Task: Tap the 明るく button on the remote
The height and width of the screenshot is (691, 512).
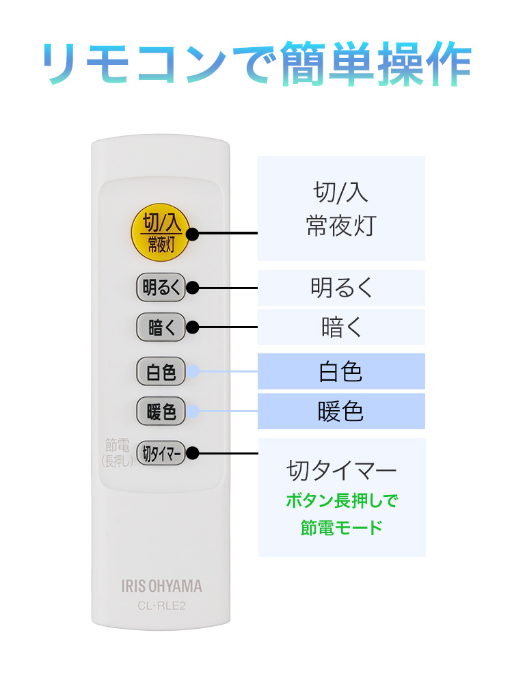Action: (161, 287)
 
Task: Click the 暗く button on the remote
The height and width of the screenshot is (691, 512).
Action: (161, 327)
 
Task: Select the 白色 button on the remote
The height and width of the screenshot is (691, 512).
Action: (161, 372)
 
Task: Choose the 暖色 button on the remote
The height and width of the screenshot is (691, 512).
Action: (161, 411)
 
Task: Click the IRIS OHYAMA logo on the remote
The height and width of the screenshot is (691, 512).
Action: (162, 586)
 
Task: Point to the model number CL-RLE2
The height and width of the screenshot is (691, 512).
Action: (162, 606)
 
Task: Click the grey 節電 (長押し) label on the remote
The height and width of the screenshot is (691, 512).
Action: (117, 452)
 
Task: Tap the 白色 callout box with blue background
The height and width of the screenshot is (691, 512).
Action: (341, 371)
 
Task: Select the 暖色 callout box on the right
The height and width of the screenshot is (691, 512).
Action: (341, 411)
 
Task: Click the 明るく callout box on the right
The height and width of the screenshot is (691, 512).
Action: (341, 288)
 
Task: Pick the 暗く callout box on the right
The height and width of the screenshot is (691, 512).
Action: (341, 327)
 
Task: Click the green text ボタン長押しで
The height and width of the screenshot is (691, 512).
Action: (342, 500)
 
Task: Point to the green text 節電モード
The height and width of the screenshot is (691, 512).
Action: (342, 528)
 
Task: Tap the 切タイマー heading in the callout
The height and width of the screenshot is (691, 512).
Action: (342, 470)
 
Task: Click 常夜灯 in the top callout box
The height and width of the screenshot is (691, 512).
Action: (342, 226)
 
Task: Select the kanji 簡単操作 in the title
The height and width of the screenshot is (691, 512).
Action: (376, 63)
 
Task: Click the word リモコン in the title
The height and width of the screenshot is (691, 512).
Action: (136, 63)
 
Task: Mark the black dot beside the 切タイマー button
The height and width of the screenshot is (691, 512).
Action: (192, 453)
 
